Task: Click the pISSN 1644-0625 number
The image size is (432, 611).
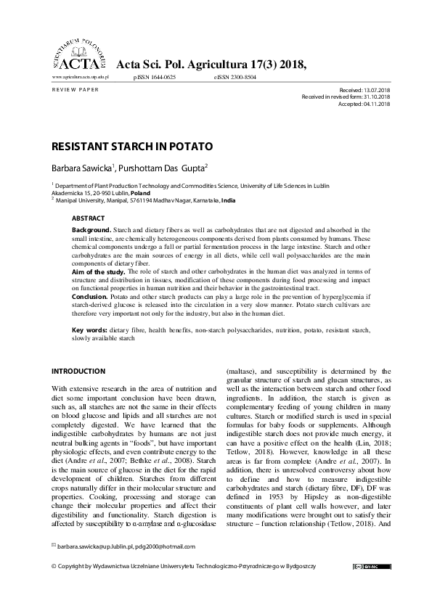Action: click(x=155, y=76)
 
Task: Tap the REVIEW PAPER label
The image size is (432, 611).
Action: click(x=76, y=89)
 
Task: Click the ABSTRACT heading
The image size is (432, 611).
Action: click(x=88, y=218)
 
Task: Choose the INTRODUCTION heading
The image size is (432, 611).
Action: click(x=78, y=371)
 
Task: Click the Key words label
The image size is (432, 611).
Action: click(x=89, y=330)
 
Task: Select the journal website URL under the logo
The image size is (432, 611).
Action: click(x=80, y=76)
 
